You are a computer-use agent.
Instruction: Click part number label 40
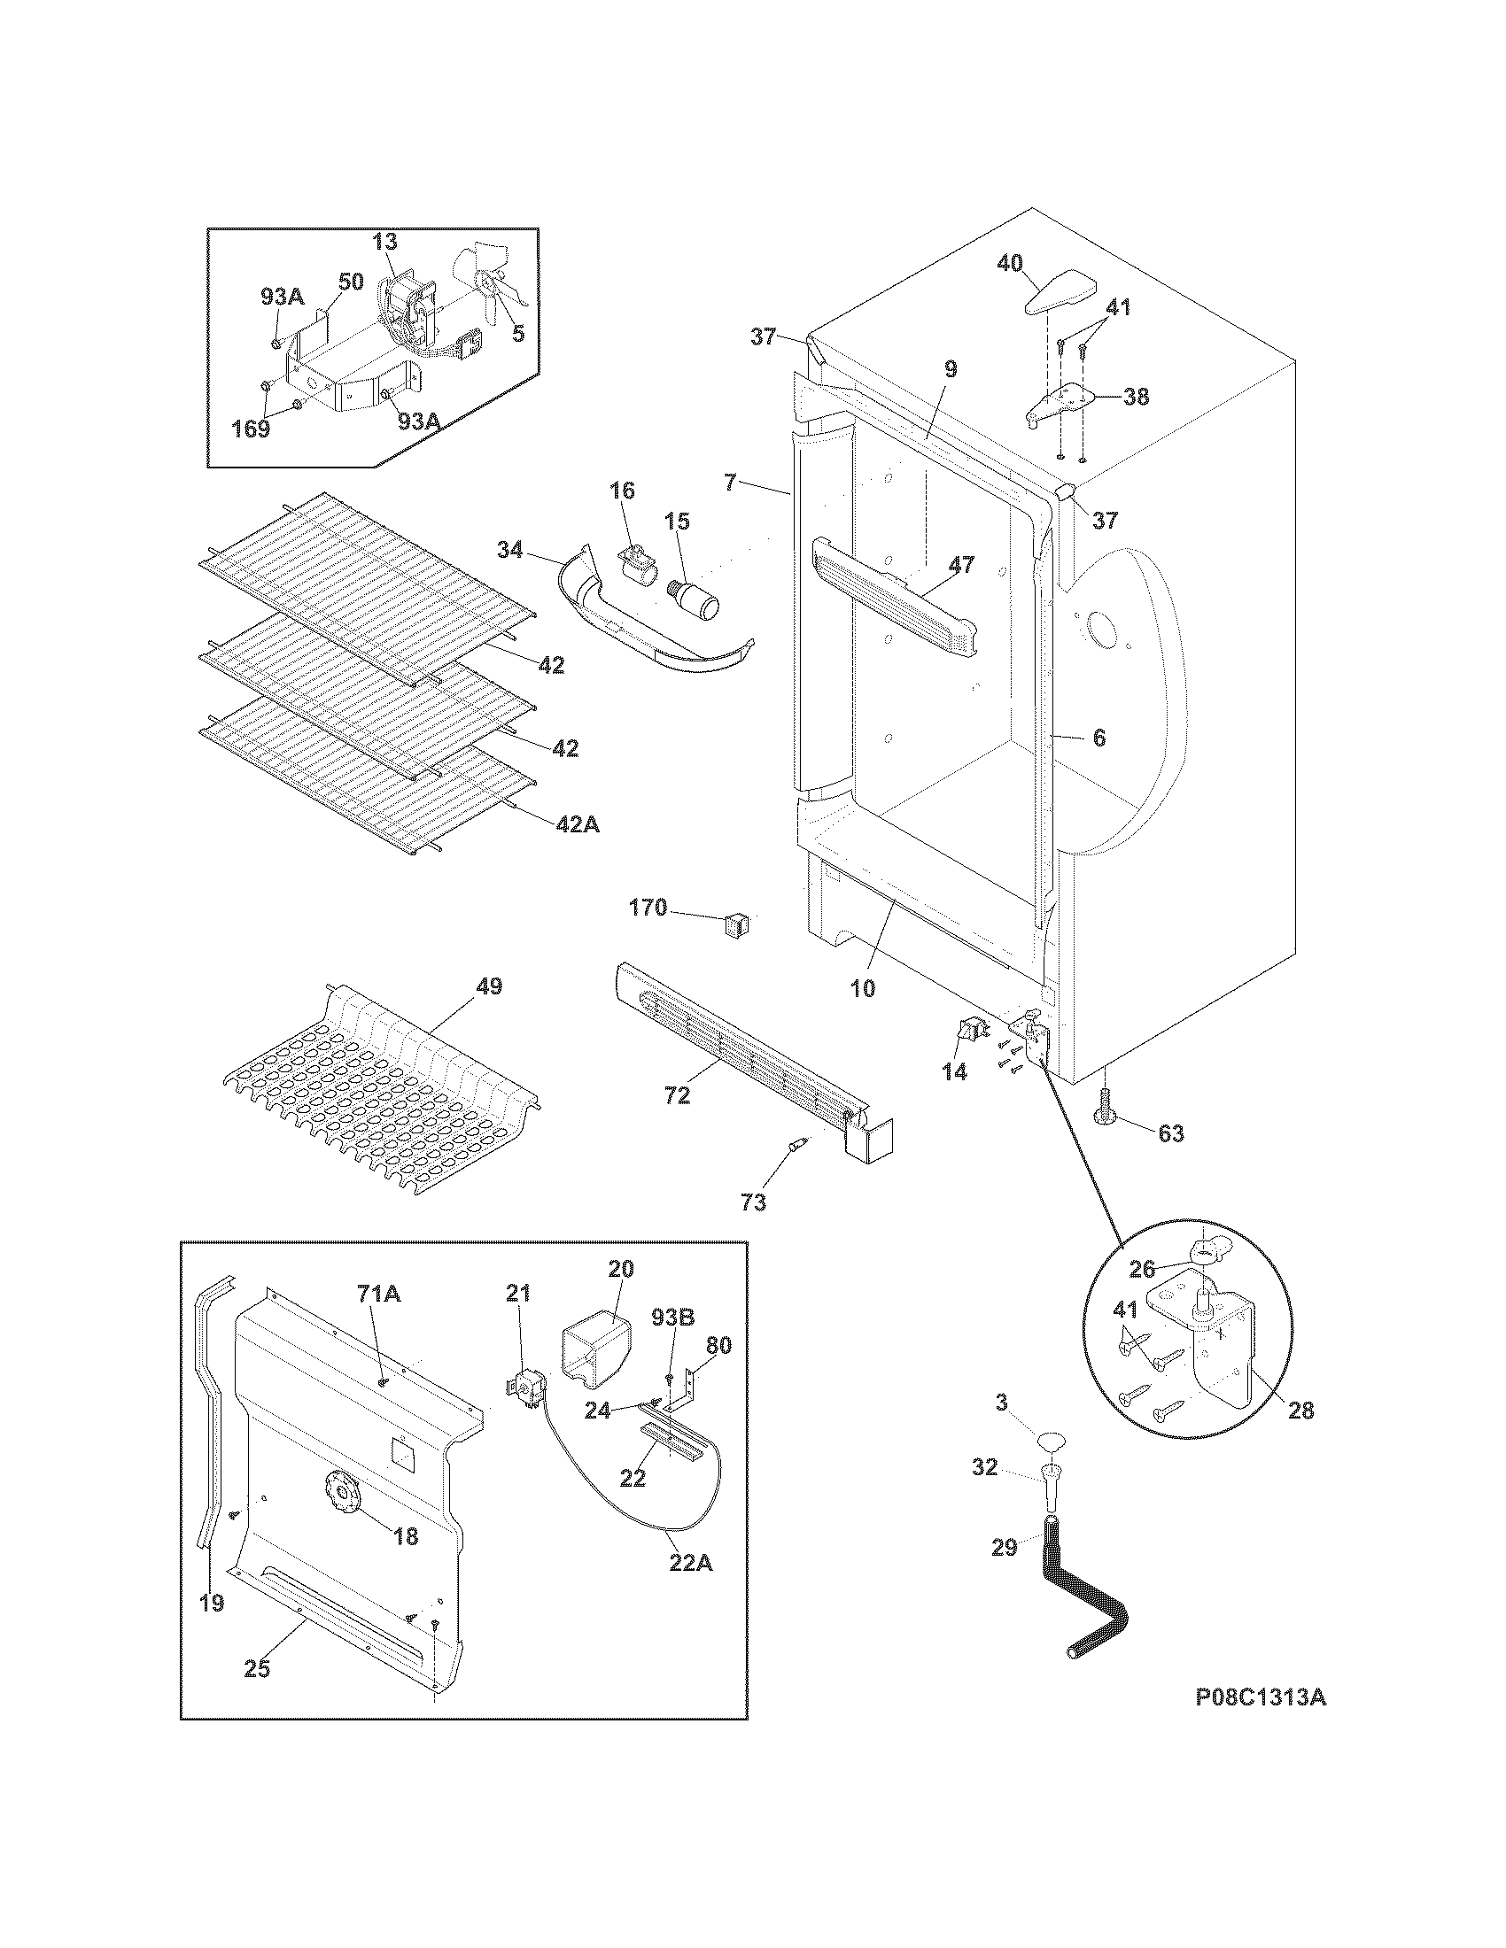[x=1009, y=263]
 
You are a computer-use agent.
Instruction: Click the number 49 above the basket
[x=489, y=986]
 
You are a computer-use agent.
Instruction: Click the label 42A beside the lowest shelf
[x=578, y=825]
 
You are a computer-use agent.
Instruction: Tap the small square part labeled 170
[x=735, y=922]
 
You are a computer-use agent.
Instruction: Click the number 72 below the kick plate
[x=677, y=1095]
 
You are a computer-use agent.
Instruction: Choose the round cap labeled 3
[x=1052, y=1440]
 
